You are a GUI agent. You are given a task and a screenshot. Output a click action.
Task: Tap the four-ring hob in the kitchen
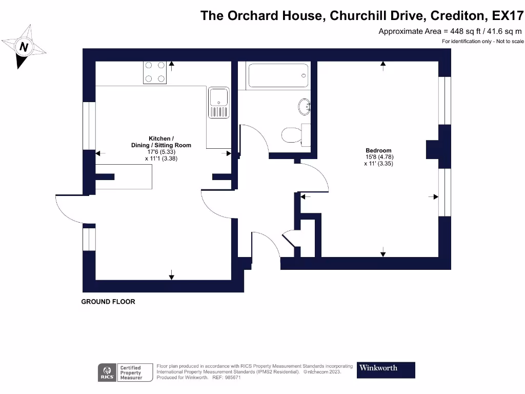(x=155, y=72)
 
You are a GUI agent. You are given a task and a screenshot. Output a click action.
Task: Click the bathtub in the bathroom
(x=277, y=76)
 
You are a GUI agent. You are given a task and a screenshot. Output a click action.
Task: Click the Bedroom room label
(x=378, y=150)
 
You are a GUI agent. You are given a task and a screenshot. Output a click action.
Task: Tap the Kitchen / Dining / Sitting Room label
(x=161, y=142)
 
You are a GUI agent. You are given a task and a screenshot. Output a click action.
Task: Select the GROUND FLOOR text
(x=108, y=302)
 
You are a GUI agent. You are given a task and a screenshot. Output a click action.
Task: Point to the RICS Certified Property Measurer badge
(x=126, y=372)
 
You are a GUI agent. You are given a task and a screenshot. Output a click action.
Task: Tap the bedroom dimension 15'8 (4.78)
(x=379, y=157)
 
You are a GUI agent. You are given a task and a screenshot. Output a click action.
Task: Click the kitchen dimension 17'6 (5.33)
(x=161, y=152)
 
